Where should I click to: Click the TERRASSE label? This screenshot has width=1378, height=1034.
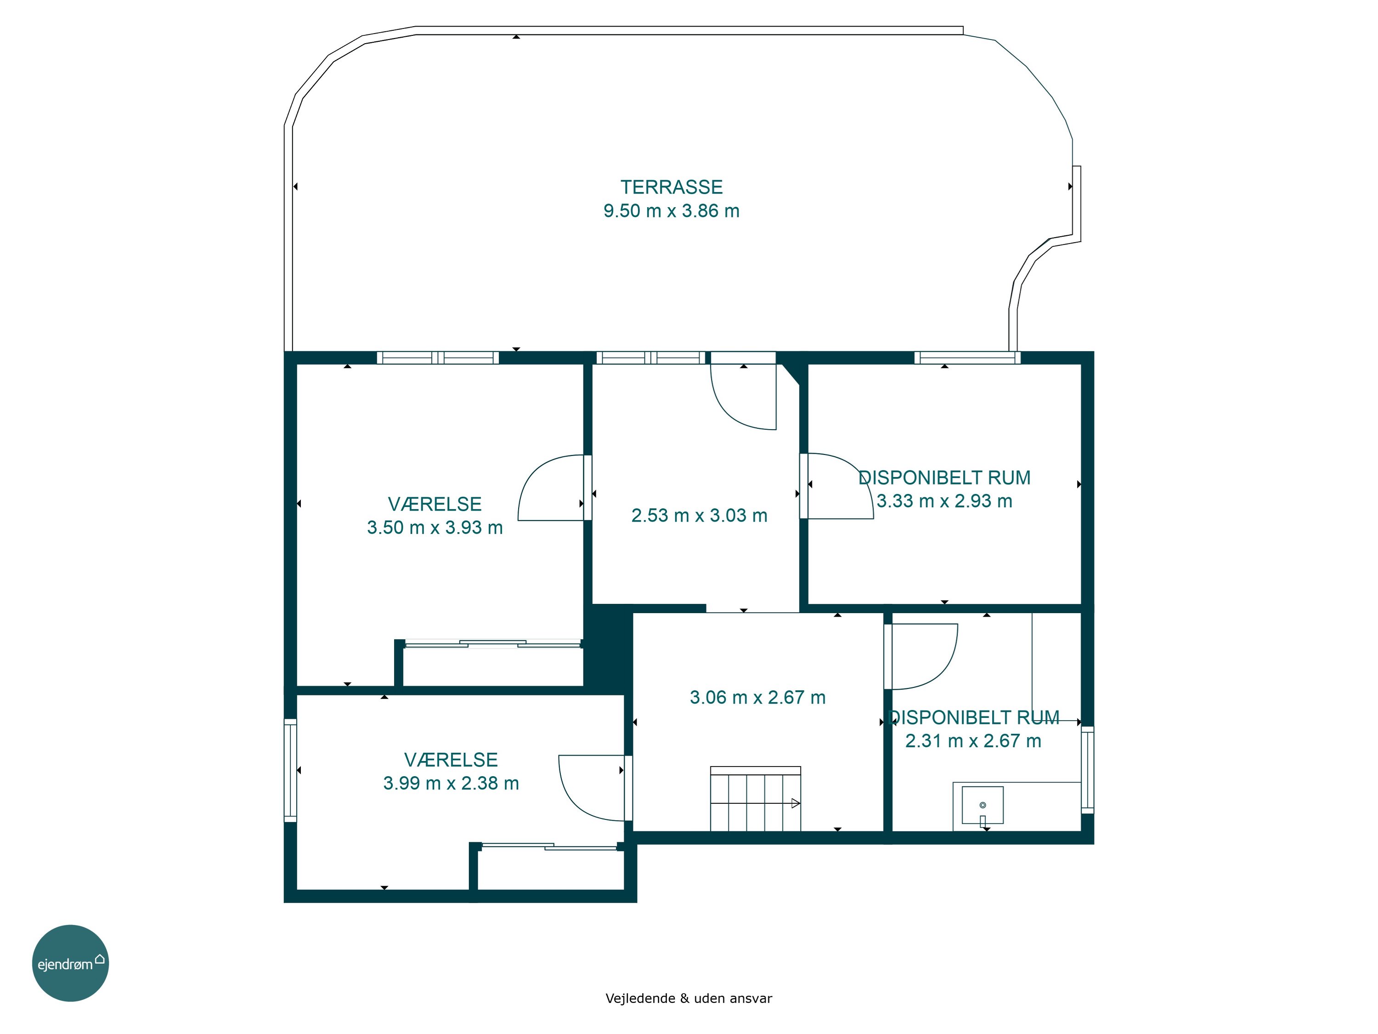671,187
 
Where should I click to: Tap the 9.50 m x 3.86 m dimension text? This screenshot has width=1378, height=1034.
671,210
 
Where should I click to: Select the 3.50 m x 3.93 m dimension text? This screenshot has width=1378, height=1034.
435,527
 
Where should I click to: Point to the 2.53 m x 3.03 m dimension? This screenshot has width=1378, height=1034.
699,516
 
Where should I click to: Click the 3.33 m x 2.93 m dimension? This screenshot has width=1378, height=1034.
944,500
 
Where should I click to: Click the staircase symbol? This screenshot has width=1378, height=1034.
756,798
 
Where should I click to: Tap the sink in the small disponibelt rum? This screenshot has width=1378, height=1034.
983,805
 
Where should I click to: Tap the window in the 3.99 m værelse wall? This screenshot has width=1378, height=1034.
290,770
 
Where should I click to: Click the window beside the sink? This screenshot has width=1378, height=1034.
1087,770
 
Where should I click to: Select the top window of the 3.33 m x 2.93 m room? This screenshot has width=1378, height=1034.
967,358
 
